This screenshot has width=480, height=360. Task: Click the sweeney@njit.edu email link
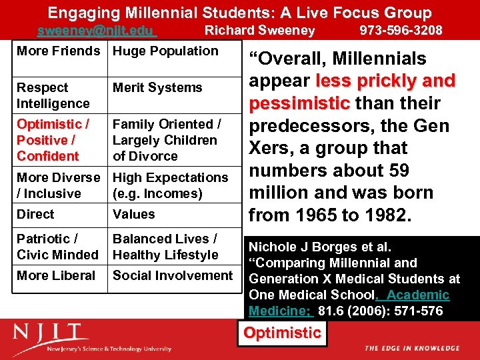96,31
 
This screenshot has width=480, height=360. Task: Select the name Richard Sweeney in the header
259,31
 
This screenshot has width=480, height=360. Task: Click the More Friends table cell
59,51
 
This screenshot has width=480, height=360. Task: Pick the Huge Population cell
165,51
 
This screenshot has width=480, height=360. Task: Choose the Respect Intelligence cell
53,95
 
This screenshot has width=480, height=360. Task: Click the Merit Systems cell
157,87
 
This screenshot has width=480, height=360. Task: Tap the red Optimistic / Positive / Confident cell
53,140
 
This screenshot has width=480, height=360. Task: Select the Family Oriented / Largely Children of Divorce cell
165,140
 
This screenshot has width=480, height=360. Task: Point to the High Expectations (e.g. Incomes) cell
170,185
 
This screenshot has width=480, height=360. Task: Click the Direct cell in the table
36,214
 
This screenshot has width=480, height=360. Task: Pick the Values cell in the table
134,214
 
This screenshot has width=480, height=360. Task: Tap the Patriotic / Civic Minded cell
57,247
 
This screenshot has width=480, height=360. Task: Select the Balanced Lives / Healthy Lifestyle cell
165,247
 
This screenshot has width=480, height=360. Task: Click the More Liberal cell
56,275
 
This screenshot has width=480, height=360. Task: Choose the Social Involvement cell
173,275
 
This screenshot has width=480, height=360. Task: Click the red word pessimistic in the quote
299,103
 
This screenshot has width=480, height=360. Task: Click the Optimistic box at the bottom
282,333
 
